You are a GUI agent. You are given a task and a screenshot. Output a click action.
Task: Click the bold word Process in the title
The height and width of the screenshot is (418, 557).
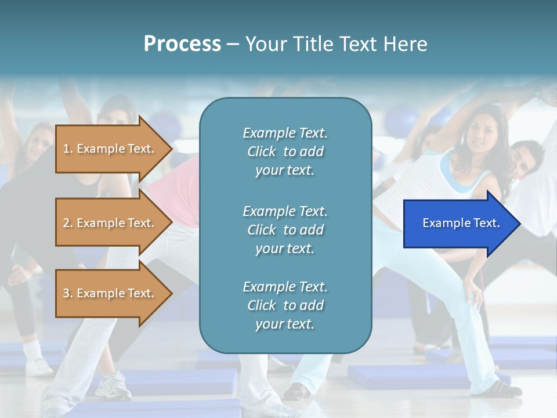[182, 44]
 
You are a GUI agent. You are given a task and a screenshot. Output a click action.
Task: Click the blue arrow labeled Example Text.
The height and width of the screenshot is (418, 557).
[458, 224]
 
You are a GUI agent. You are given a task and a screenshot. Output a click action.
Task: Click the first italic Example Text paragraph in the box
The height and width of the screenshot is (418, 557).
[285, 152]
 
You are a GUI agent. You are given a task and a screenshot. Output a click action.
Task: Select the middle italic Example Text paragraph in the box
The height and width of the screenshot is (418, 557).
[285, 230]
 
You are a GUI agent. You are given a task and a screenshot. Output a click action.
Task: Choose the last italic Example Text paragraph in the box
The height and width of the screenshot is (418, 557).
[285, 305]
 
